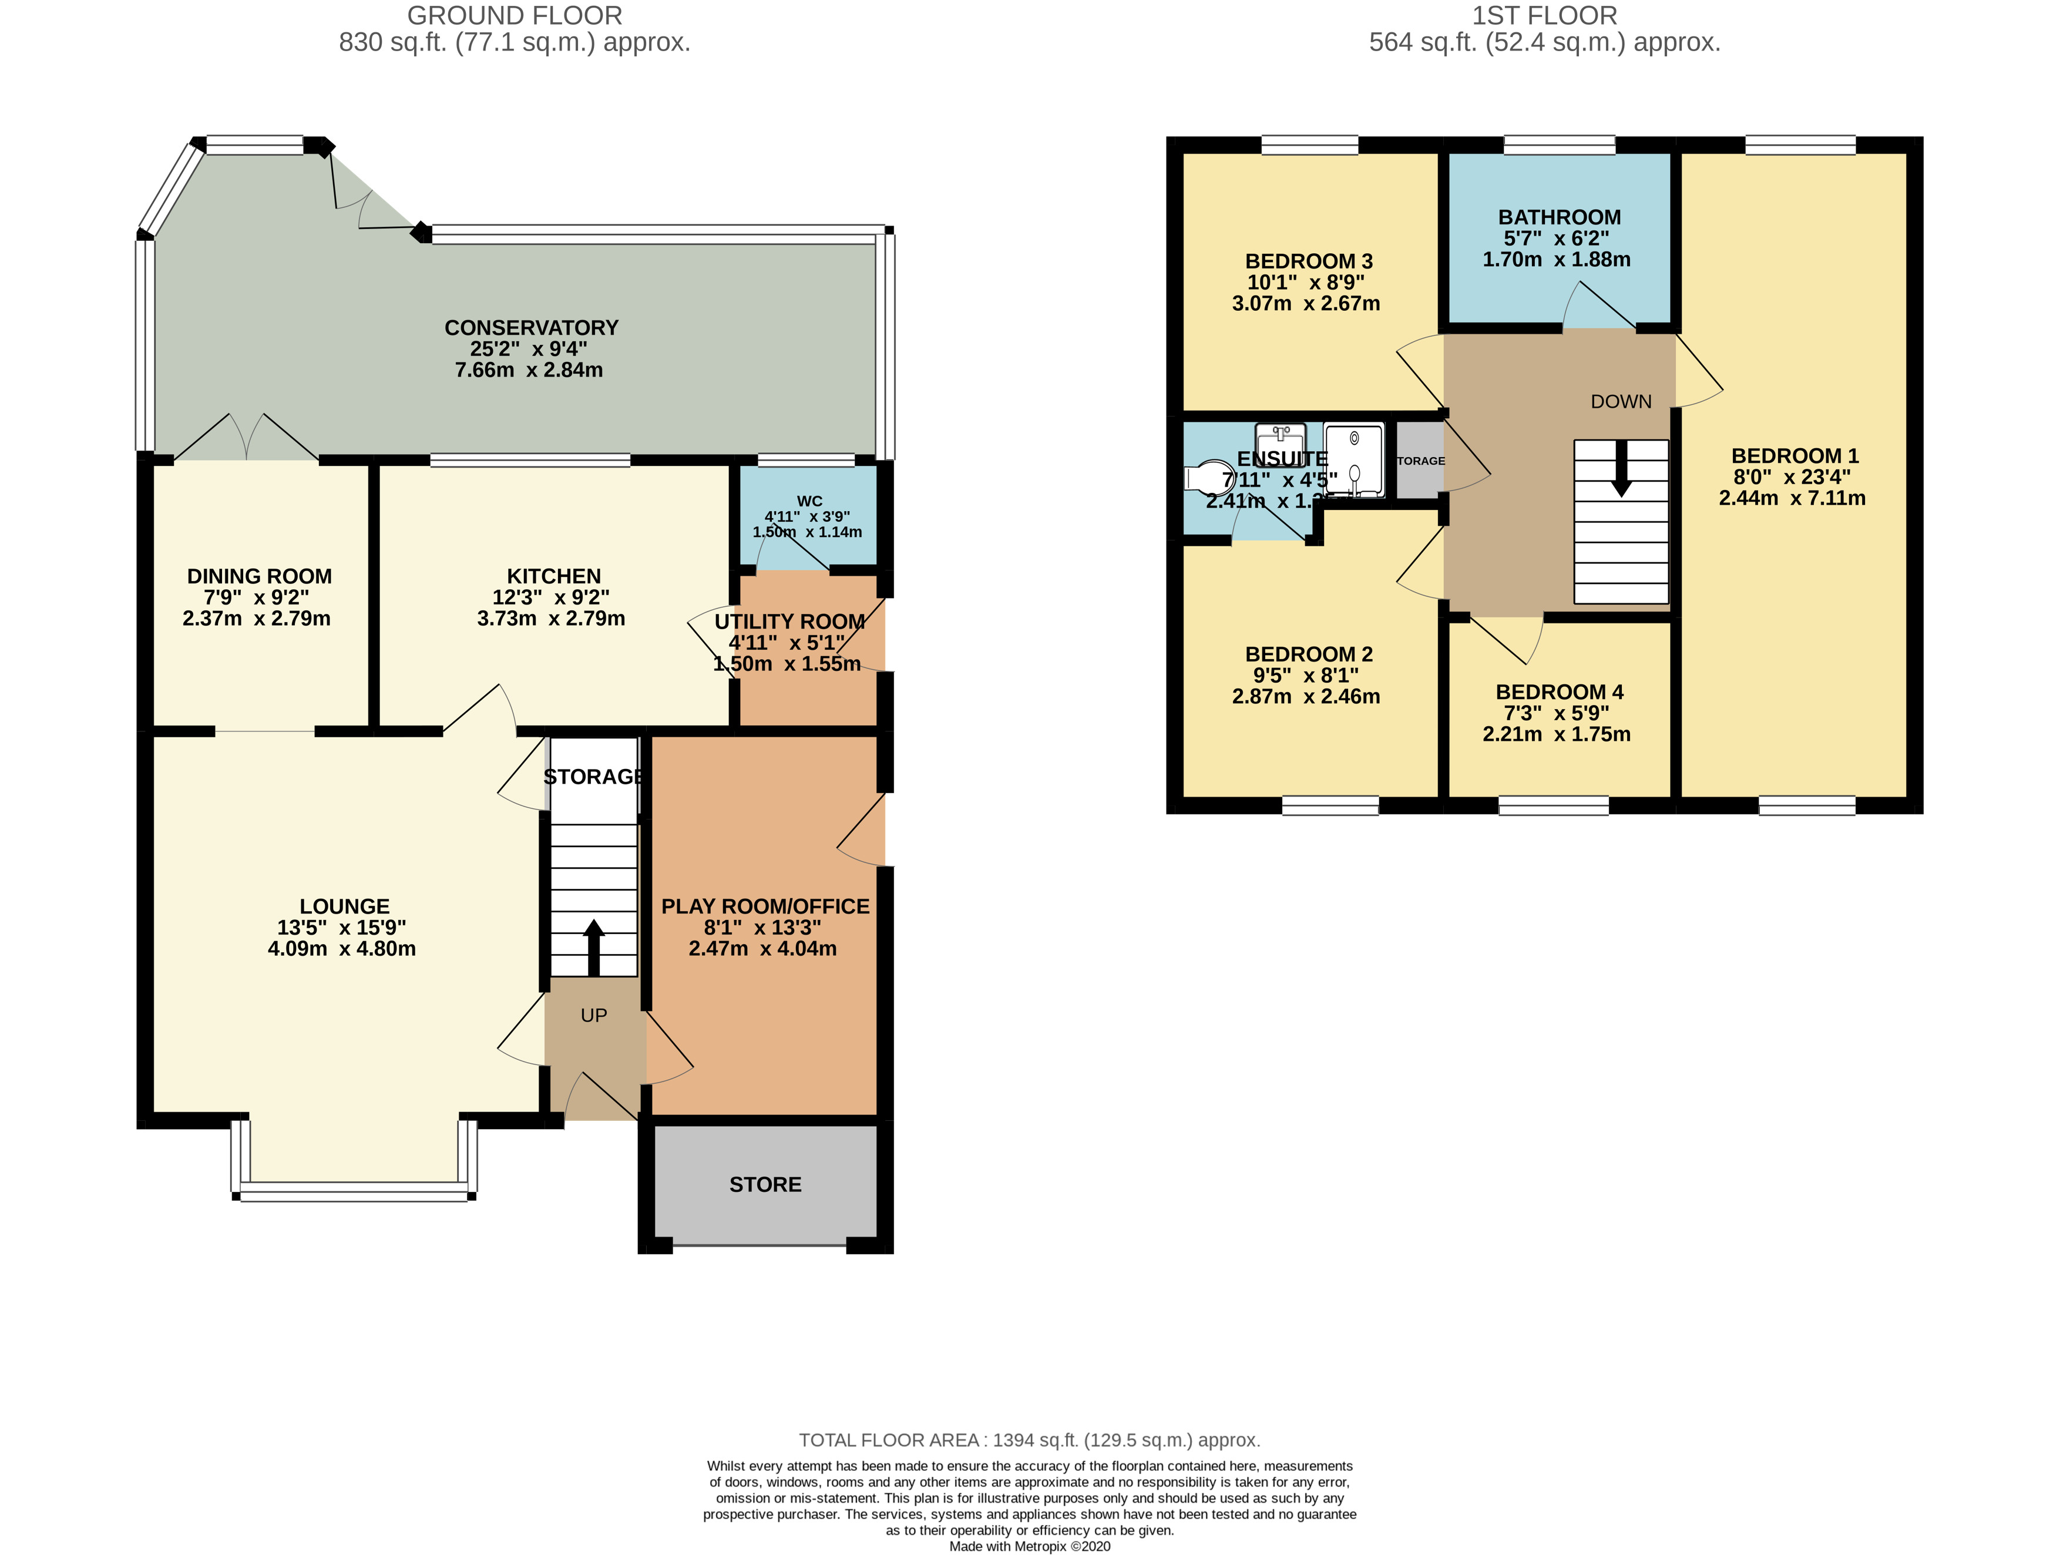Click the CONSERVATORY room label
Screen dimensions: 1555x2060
pos(531,328)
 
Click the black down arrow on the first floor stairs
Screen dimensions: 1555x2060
pos(1621,468)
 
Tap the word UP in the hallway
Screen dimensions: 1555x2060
pos(593,1015)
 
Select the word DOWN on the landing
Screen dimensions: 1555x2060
pos(1621,401)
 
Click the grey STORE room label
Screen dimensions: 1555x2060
pos(765,1184)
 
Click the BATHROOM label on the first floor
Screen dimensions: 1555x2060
pos(1559,217)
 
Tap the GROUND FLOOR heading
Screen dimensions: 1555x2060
pos(514,16)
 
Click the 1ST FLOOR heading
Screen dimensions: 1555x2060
pos(1544,16)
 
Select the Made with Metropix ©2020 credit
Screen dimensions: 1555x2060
pos(1029,1546)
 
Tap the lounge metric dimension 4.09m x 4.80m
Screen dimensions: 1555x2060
pos(342,949)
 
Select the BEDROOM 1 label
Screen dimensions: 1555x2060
pos(1794,455)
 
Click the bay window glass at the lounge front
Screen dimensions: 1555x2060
pos(354,1192)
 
